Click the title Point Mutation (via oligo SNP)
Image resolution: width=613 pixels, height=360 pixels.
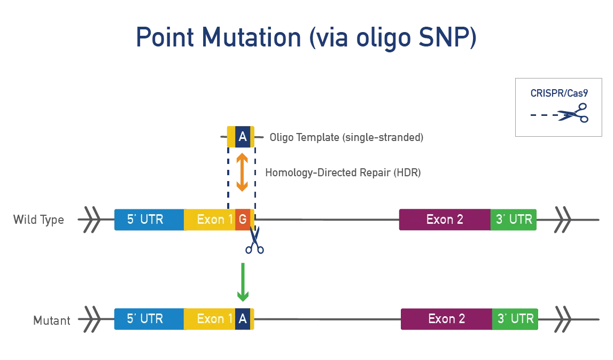pos(306,38)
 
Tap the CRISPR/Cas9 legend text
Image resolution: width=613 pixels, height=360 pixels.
pos(558,93)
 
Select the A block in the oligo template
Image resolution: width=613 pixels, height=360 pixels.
pos(243,137)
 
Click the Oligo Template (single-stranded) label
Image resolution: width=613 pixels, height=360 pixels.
pos(346,137)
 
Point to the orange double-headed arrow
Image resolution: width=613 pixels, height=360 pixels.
pos(242,172)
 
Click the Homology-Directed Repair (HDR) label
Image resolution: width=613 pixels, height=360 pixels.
pos(343,173)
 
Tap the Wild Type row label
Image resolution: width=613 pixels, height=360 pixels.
pos(38,220)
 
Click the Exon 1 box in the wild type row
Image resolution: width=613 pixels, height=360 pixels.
pos(210,220)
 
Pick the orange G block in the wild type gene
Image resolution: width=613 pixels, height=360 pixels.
pos(243,220)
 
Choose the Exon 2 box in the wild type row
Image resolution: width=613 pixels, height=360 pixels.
pos(445,220)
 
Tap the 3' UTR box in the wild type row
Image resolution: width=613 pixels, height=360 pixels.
pos(514,220)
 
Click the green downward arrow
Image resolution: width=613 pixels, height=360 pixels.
pos(243,281)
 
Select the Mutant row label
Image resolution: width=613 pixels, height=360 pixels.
pos(51,320)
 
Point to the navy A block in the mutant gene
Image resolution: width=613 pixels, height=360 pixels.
pos(243,319)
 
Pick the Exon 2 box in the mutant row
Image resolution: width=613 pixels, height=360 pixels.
pos(446,319)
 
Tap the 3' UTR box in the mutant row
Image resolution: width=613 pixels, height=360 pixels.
pos(515,319)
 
